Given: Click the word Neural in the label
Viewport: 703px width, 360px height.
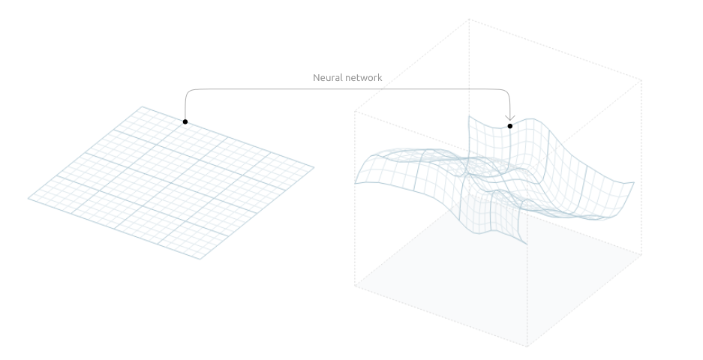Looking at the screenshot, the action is coord(325,77).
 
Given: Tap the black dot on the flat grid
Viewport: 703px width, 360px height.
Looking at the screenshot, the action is coord(185,121).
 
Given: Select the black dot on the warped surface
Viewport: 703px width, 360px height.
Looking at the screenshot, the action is coord(509,126).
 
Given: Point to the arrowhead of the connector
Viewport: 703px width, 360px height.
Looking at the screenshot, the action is coord(509,118).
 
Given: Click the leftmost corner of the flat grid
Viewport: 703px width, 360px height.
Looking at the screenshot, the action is coord(29,198).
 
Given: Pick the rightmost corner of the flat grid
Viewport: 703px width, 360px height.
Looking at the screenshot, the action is coord(314,167).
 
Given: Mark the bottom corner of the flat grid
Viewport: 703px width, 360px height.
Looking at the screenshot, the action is coord(200,259).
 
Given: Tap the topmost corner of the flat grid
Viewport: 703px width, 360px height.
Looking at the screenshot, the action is coord(142,106).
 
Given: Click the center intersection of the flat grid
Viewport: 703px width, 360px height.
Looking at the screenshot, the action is coord(171,182).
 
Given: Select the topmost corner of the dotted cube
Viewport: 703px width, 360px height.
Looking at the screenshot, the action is coord(469,19).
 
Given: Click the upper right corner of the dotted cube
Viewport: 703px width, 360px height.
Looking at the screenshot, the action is coord(642,81).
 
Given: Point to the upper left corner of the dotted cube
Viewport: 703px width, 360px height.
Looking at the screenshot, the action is coord(355,111).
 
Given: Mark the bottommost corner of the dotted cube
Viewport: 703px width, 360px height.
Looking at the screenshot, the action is coord(527,346).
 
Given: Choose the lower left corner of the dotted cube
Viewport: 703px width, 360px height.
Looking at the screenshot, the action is coord(355,285).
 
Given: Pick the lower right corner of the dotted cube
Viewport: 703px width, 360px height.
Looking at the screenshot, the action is coord(642,255).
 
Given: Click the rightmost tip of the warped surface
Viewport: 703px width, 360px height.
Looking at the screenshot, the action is coord(634,182).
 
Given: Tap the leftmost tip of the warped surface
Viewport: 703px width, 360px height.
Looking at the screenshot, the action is coord(355,183).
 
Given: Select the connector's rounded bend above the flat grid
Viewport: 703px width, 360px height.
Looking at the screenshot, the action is coord(188,92).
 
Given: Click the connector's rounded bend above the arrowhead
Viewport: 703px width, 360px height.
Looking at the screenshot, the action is coord(506,92).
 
